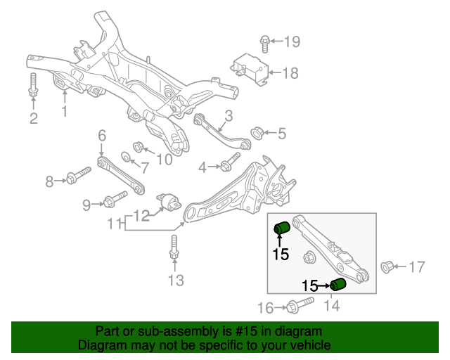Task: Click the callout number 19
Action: coord(291,42)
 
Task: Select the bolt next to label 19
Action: coord(265,42)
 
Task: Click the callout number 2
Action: coord(33,118)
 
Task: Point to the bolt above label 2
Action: coord(32,85)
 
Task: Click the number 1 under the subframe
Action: coord(64,112)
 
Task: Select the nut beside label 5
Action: coord(256,131)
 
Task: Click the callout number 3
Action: coord(229,116)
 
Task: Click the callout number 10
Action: coord(163,160)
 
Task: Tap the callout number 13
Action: coord(175,281)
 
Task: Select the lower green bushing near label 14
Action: coord(339,284)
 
